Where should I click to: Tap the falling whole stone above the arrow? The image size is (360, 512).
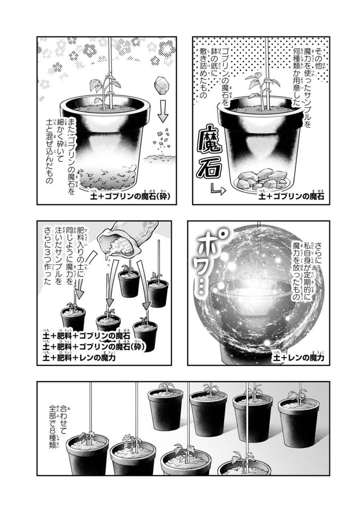[161, 84]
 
